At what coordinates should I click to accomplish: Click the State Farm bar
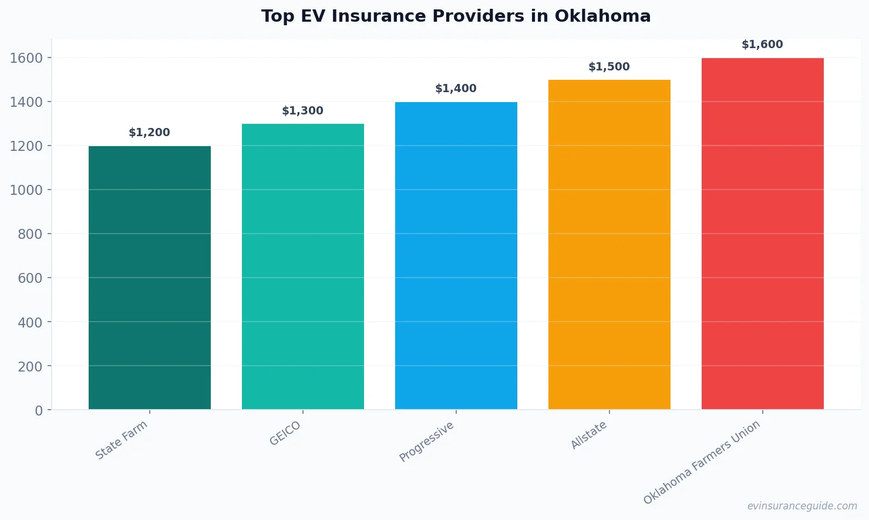click(149, 278)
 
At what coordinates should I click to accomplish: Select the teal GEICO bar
click(302, 266)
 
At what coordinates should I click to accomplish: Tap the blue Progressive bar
click(456, 256)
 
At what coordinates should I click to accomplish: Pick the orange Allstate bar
click(609, 245)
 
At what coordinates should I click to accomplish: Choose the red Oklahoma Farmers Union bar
click(762, 234)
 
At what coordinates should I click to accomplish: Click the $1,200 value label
click(149, 133)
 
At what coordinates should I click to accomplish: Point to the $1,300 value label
click(302, 111)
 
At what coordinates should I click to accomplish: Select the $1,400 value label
click(456, 89)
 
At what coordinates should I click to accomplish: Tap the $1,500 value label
click(609, 67)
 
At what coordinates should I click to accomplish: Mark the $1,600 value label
click(762, 45)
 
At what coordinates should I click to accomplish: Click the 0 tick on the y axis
click(39, 411)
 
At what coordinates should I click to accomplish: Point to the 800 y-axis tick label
click(30, 234)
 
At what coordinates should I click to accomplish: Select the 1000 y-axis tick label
click(26, 190)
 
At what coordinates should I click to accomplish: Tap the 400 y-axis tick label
click(30, 322)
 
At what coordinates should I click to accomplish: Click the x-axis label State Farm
click(122, 440)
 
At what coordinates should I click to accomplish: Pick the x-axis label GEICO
click(285, 434)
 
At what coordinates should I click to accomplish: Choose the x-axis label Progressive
click(427, 441)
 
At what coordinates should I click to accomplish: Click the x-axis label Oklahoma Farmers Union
click(702, 462)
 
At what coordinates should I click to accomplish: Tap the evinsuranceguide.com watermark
click(802, 506)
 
